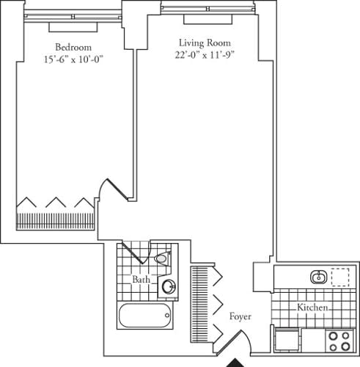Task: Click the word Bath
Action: [142, 280]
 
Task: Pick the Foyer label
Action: [240, 317]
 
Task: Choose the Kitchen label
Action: [312, 308]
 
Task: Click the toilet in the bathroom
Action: [163, 259]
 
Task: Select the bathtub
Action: [144, 317]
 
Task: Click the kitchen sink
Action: [319, 277]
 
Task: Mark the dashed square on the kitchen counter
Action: [339, 277]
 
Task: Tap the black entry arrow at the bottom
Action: [236, 362]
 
